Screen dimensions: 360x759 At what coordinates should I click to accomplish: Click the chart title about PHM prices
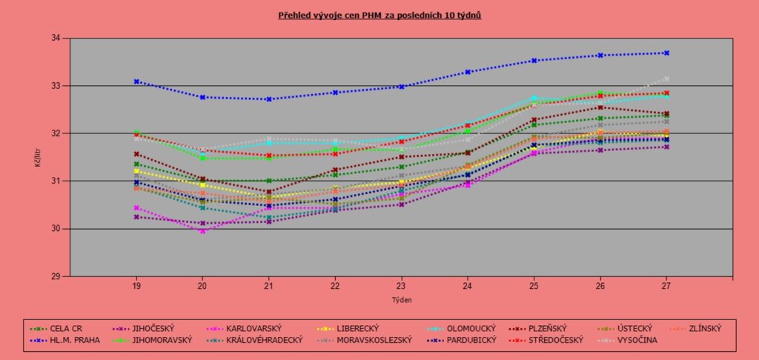[x=379, y=15]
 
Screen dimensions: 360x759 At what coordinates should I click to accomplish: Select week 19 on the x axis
[x=136, y=286]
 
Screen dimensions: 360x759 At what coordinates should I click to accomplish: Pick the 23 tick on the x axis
[x=402, y=286]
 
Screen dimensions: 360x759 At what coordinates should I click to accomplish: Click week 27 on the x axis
[x=666, y=286]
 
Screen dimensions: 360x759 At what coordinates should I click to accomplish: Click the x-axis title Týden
[x=401, y=300]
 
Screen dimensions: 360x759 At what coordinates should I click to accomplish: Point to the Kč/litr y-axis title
[x=38, y=158]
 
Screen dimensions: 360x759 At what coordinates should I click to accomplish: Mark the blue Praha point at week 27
[x=666, y=53]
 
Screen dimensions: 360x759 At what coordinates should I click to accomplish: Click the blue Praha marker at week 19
[x=136, y=81]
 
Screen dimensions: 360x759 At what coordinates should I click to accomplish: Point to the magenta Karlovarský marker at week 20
[x=202, y=231]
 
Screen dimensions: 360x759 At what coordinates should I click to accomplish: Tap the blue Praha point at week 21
[x=269, y=99]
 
